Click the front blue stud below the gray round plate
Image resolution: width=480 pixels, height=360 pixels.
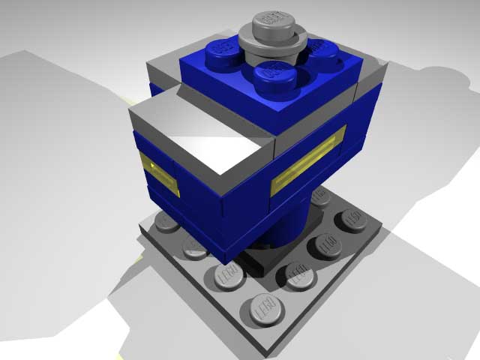(272, 73)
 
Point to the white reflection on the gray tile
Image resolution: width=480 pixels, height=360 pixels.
(217, 142)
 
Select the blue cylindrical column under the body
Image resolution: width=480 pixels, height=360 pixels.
(289, 225)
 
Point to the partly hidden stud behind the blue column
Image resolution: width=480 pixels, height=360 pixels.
(321, 196)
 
